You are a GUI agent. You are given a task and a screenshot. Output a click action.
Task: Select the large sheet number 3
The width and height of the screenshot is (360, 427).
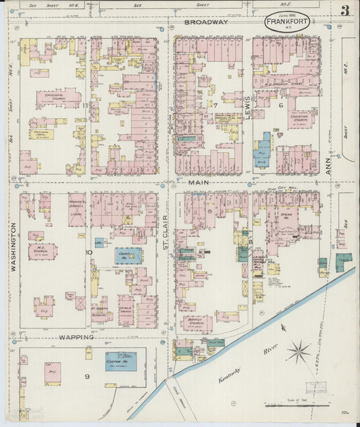[x=344, y=11]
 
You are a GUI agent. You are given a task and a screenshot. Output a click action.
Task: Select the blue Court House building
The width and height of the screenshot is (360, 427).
[x=128, y=255]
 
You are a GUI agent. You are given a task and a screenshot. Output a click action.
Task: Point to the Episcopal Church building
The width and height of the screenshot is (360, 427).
[x=59, y=99]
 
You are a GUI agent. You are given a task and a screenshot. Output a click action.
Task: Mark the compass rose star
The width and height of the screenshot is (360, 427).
[x=298, y=351]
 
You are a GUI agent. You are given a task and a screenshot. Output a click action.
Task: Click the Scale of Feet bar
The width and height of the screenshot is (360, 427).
[x=297, y=405]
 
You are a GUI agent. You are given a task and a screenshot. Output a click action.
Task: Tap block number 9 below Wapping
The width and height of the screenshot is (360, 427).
[x=87, y=375]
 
